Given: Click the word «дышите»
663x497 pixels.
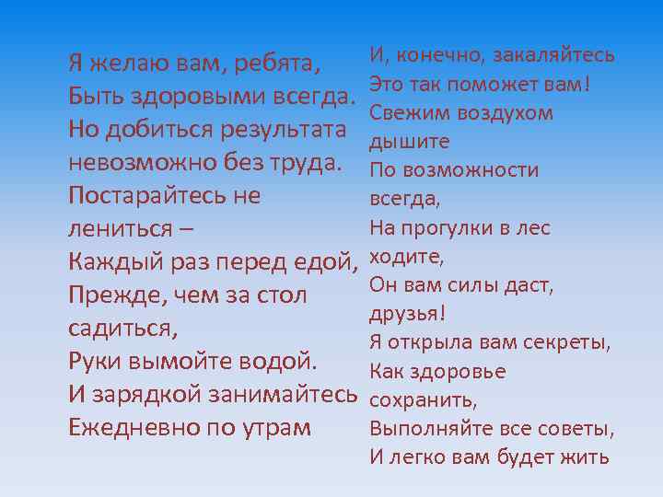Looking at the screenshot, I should (409, 142).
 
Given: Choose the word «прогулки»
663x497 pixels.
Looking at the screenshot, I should (445, 228).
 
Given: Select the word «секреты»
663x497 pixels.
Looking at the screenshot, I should (568, 342).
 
